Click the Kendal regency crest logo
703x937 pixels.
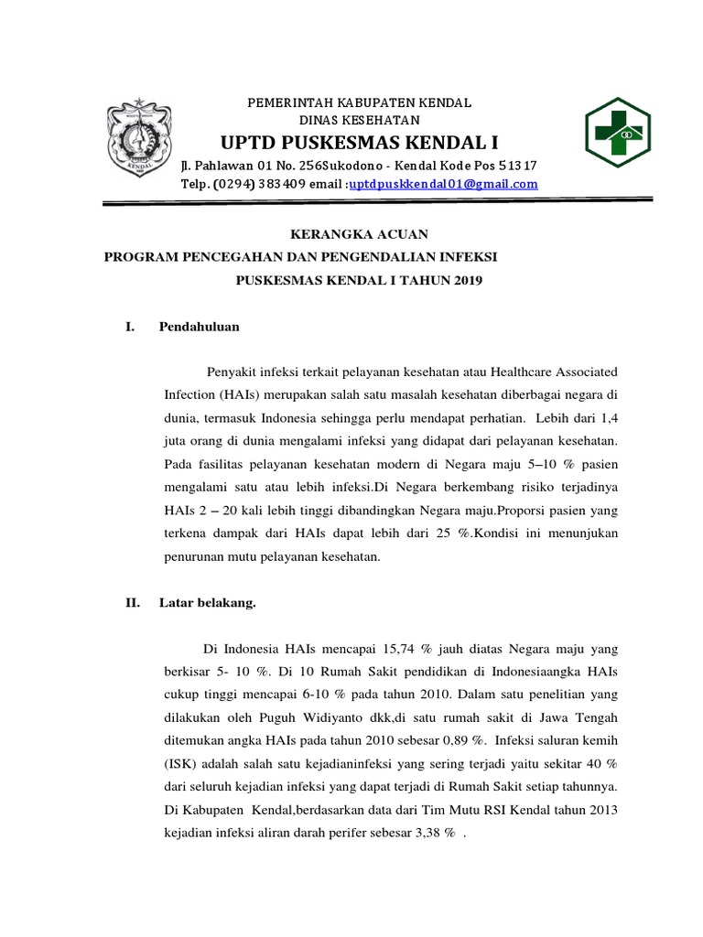[139, 140]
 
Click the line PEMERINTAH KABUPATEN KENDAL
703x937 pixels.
[361, 102]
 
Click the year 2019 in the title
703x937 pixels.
[466, 279]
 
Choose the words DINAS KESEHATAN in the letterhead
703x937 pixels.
[360, 120]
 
